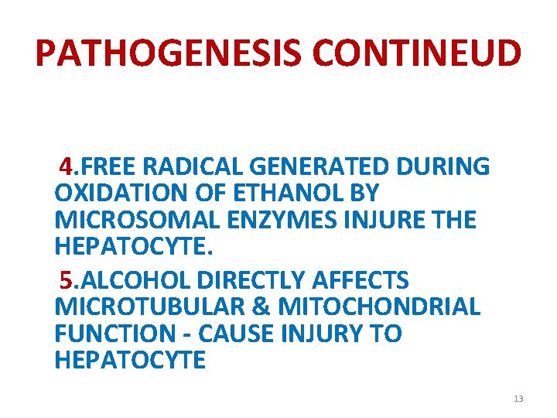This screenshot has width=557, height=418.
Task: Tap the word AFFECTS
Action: pos(364,279)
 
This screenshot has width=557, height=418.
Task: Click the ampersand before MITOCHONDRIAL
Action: pos(259,307)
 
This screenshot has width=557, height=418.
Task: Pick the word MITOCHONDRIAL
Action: pos(379,307)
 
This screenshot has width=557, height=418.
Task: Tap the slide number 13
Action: pos(518,399)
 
